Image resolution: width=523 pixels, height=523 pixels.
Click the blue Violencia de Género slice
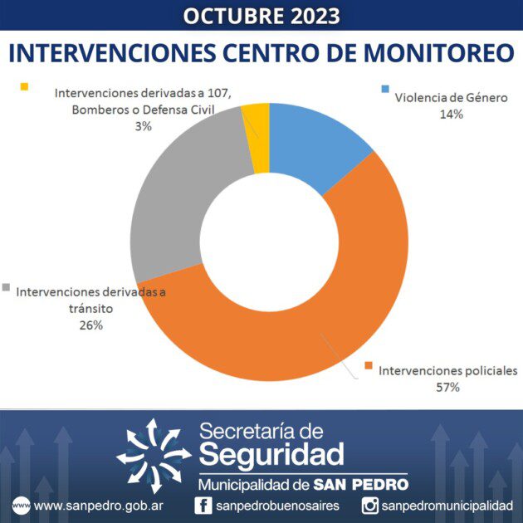[315, 142]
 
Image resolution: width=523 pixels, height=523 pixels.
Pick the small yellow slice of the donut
[258, 138]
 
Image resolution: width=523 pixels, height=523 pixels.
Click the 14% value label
[451, 114]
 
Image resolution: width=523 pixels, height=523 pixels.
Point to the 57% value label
[447, 387]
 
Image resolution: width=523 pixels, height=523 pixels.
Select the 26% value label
[91, 325]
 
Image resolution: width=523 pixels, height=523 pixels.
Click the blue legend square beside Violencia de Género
[384, 89]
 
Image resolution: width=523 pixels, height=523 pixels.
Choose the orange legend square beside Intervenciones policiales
[368, 363]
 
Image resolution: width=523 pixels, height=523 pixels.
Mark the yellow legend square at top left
[23, 86]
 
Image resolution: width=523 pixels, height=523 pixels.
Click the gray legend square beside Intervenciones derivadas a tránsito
[7, 287]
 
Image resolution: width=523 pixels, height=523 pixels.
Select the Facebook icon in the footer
[203, 505]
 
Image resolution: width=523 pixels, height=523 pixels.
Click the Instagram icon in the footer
[371, 505]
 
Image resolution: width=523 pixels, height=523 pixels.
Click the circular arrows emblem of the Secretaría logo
[154, 452]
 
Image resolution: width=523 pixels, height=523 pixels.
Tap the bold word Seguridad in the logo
[271, 454]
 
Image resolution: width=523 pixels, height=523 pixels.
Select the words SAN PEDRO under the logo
[362, 483]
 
